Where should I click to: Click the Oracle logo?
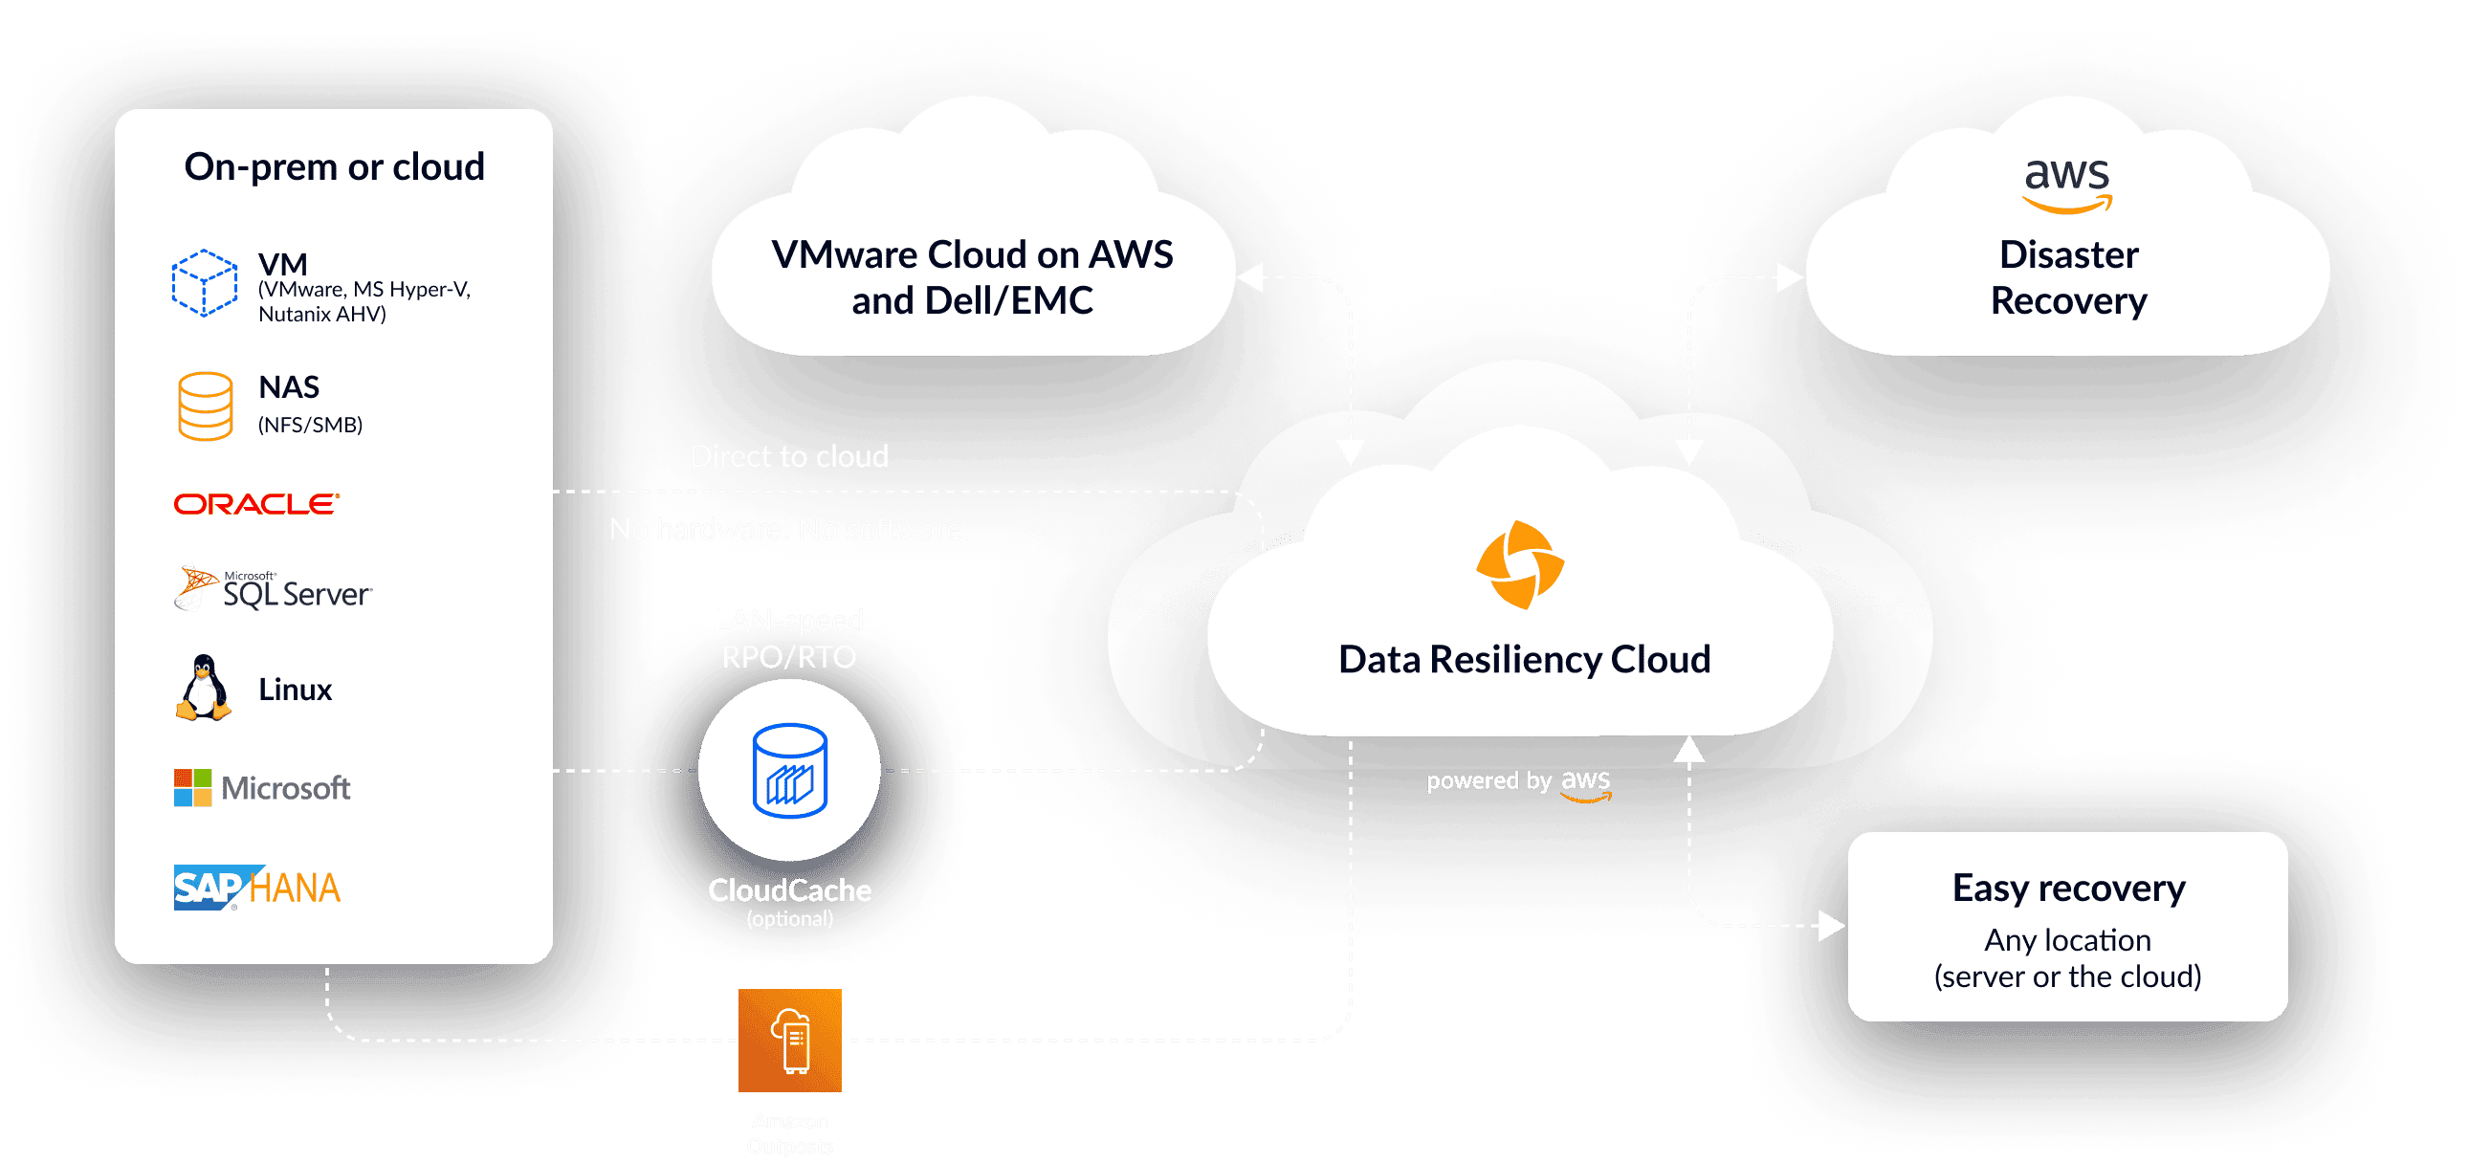click(256, 504)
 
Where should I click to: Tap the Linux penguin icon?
click(203, 689)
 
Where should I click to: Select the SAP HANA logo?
click(256, 888)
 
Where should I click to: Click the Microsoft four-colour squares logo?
click(192, 788)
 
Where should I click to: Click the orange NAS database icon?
click(205, 406)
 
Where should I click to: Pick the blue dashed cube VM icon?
click(204, 283)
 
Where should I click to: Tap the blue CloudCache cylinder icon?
click(789, 771)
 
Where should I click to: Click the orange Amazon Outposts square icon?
click(789, 1041)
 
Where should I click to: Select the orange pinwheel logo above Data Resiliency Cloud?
click(1519, 565)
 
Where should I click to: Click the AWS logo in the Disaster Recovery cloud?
click(2067, 183)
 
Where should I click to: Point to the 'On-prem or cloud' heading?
click(334, 167)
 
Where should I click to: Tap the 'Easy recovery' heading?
click(2068, 888)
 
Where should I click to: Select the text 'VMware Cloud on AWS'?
click(972, 255)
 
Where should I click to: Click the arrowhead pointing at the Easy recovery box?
click(1831, 925)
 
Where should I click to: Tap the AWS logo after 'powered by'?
click(1586, 784)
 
